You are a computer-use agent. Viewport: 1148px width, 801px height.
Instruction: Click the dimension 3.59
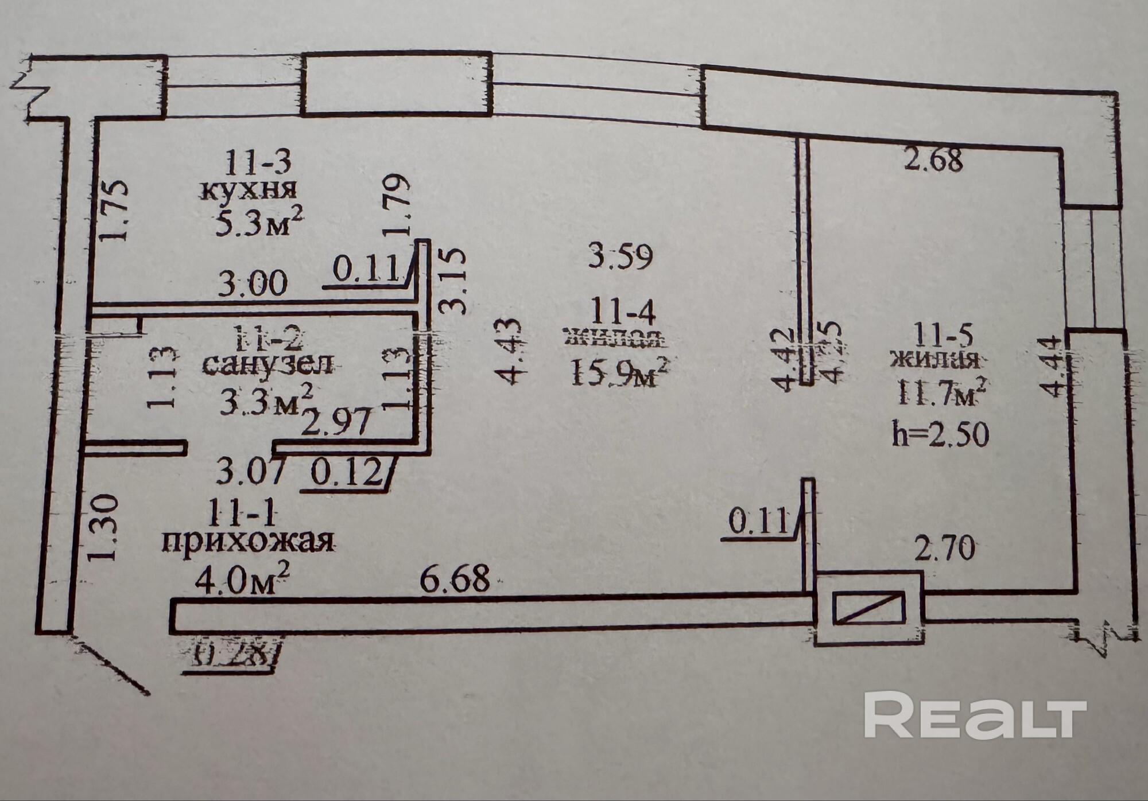(x=621, y=256)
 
